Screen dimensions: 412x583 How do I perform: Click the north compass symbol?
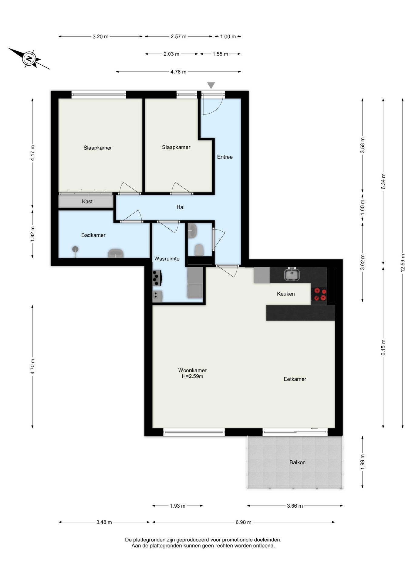(x=29, y=58)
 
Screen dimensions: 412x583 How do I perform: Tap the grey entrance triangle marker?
(x=211, y=85)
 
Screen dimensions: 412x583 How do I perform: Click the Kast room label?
(x=87, y=201)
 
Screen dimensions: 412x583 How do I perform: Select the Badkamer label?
(x=93, y=235)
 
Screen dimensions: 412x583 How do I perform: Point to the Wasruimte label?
(x=167, y=259)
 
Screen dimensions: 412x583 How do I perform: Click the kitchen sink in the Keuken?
(x=292, y=274)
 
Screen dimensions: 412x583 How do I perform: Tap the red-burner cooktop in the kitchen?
(x=319, y=295)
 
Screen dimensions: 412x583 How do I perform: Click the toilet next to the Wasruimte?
(x=199, y=250)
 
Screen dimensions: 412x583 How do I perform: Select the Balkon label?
(x=297, y=462)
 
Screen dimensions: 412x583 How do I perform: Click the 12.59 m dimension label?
(x=403, y=263)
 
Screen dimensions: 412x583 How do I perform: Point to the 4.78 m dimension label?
(x=178, y=72)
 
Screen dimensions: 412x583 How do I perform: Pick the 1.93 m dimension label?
(x=177, y=506)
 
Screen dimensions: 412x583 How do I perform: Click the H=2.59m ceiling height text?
(x=192, y=376)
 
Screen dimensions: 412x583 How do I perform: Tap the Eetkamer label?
(x=295, y=379)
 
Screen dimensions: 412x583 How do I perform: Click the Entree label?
(x=225, y=157)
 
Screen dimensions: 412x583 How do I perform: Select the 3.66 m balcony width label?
(x=295, y=506)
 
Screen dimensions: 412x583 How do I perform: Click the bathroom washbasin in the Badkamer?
(x=116, y=253)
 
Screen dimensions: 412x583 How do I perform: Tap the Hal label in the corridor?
(x=181, y=207)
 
